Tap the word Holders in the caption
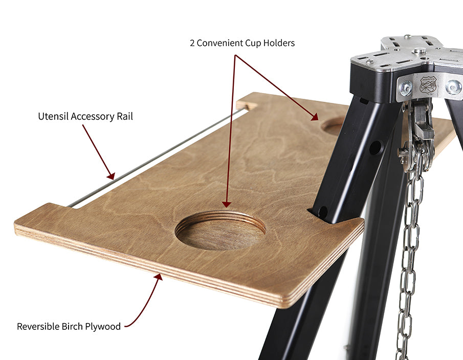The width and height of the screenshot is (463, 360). point(279,43)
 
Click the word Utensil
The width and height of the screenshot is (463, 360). point(53,116)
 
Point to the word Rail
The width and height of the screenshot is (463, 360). point(125,116)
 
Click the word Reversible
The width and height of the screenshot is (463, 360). point(38,326)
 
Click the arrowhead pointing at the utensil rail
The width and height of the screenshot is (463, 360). point(111,176)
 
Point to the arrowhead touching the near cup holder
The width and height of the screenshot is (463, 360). point(227,204)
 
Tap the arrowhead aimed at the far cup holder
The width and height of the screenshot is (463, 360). point(315,117)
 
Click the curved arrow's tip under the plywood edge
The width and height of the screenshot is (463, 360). point(159,276)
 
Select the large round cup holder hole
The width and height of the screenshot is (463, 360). point(221,231)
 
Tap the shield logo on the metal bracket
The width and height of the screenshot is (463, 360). point(428,85)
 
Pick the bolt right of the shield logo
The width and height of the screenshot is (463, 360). point(454,87)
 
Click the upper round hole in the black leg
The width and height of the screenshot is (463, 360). point(375,148)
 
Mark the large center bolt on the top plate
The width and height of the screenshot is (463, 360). point(420,51)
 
